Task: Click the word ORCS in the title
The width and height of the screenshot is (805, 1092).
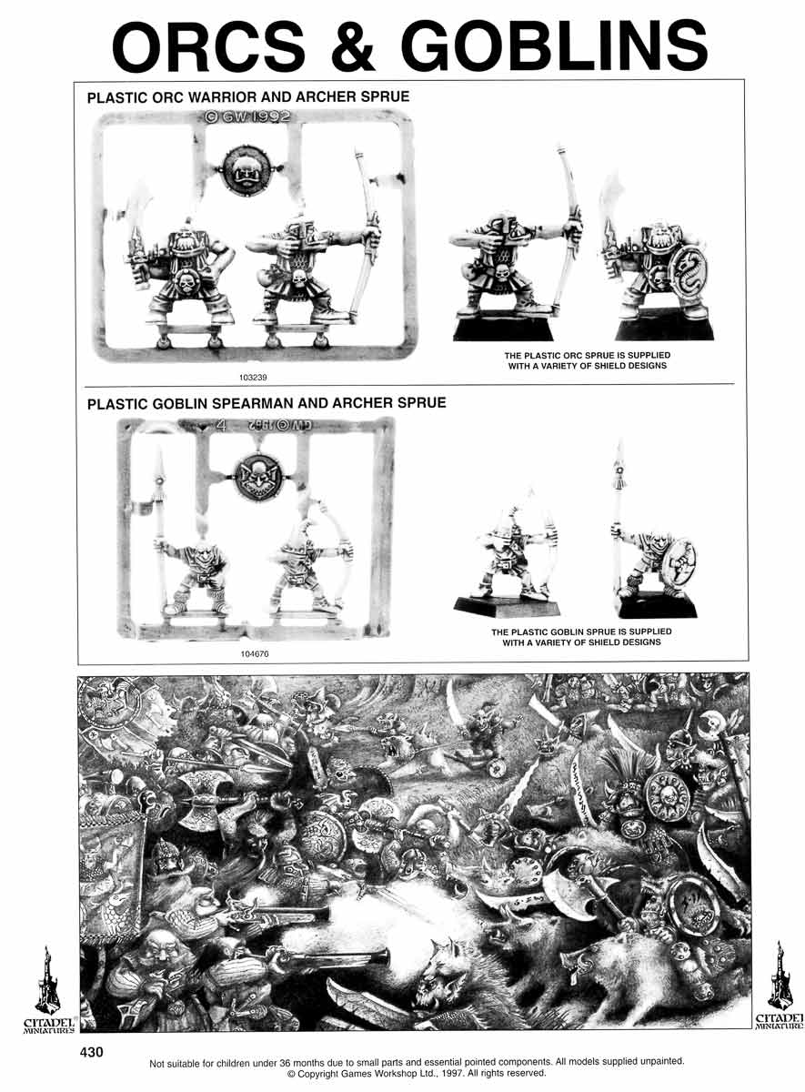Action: (210, 46)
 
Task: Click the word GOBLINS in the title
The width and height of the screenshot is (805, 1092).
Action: (557, 46)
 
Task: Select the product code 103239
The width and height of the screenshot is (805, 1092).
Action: (253, 377)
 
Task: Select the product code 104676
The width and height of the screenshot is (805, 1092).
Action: (255, 653)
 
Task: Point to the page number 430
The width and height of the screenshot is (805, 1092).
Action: (92, 1053)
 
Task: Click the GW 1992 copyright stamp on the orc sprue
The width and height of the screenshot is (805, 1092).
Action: (247, 117)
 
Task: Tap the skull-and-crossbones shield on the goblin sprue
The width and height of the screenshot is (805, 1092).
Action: (258, 476)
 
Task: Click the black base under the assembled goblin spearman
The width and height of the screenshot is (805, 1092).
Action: (656, 605)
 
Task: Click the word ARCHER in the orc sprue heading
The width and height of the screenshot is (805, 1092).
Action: (326, 97)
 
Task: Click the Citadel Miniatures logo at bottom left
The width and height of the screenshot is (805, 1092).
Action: (49, 991)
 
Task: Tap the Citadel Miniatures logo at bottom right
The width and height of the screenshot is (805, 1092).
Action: (780, 987)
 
